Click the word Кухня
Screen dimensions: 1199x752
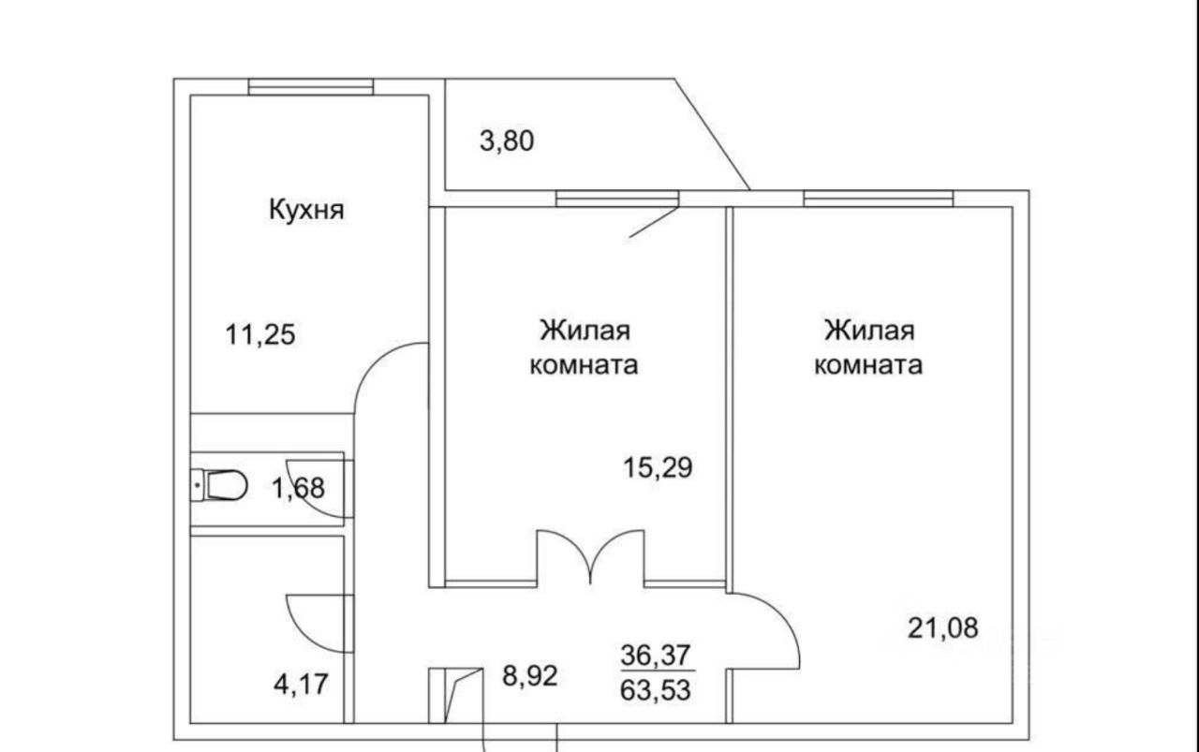coord(306,209)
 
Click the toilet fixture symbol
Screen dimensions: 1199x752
coord(222,485)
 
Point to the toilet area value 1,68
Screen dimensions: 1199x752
coord(297,487)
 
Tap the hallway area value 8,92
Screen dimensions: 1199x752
coord(530,674)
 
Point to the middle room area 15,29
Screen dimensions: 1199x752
coord(659,466)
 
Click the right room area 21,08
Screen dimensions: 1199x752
coord(943,627)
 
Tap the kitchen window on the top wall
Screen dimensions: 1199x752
coord(311,87)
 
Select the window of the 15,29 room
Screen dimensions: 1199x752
coord(616,198)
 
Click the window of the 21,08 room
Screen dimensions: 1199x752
coord(878,198)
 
